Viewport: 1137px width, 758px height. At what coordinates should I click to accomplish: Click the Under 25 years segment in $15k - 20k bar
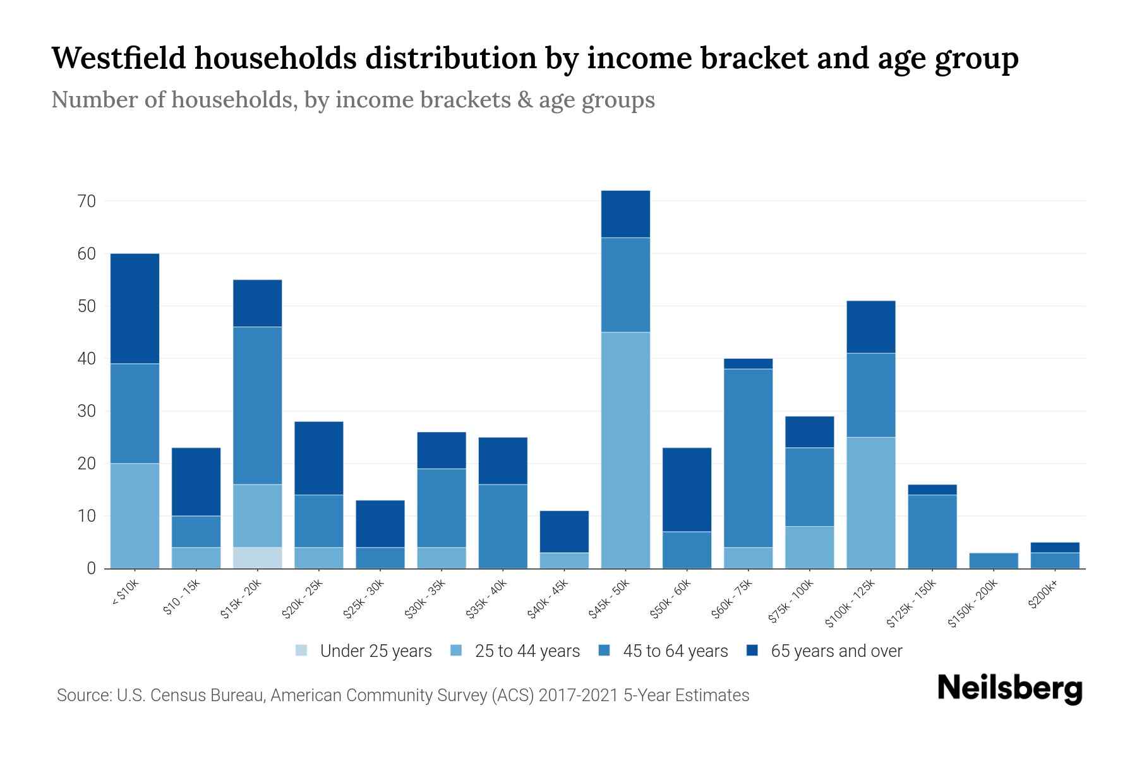258,558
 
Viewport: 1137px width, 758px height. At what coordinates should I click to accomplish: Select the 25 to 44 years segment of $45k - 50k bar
625,450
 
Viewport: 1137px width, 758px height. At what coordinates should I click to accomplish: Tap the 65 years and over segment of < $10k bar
135,308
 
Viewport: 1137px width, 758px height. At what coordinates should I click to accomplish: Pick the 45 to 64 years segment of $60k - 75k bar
748,458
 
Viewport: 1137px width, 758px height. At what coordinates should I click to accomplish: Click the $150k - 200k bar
994,560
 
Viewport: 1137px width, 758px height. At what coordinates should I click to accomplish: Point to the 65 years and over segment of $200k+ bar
1055,547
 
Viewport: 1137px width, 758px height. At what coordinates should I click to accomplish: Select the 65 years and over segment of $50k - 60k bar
687,490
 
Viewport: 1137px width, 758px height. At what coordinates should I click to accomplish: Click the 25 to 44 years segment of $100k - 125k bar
870,502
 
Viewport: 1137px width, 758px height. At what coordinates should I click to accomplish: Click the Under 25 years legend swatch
302,651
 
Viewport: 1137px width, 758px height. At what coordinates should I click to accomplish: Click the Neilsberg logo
1009,689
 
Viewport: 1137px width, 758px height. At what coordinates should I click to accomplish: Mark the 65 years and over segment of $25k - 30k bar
380,524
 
